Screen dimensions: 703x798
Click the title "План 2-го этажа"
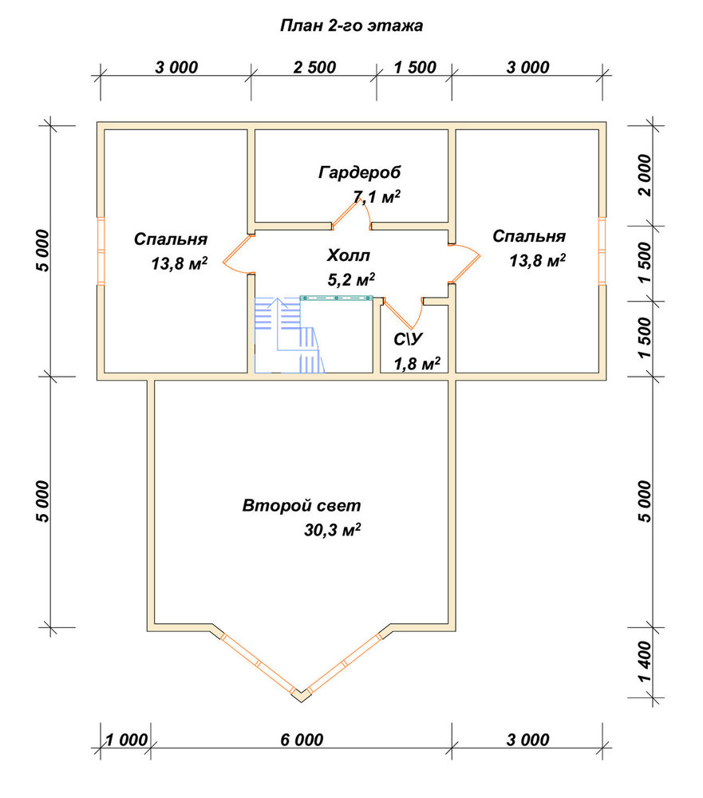click(x=351, y=26)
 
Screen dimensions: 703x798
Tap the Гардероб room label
click(x=359, y=172)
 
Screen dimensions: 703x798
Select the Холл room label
click(x=348, y=255)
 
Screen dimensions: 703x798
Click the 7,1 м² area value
click(x=376, y=196)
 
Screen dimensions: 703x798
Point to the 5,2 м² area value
click(x=351, y=279)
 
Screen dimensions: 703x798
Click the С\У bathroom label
click(x=408, y=339)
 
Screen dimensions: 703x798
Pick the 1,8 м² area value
click(x=417, y=363)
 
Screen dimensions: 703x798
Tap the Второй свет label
click(x=302, y=506)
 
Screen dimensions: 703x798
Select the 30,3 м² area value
click(x=333, y=530)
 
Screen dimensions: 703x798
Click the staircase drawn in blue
click(x=289, y=335)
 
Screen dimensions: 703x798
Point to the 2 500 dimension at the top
click(x=314, y=67)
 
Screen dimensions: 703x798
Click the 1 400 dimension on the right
click(x=644, y=662)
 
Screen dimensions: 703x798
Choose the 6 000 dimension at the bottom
click(x=302, y=740)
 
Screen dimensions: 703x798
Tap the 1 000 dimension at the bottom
click(x=126, y=740)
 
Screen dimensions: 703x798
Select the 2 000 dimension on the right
click(x=644, y=175)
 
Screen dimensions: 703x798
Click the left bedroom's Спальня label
click(x=171, y=239)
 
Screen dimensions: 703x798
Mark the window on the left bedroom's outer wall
click(x=101, y=251)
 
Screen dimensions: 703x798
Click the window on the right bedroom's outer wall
click(x=602, y=251)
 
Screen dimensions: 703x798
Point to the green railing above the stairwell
click(x=337, y=298)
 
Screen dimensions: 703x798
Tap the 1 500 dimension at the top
click(x=415, y=67)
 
